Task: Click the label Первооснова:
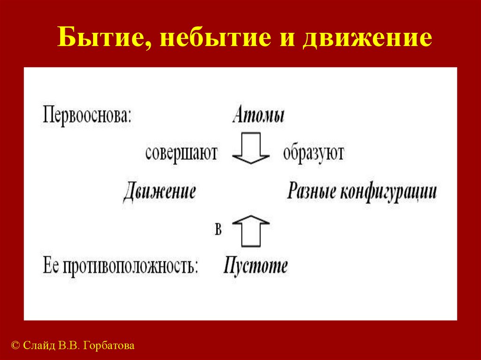[x=87, y=115]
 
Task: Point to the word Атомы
[x=258, y=115]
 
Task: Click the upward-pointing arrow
[x=251, y=230]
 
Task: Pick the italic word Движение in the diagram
[x=159, y=192]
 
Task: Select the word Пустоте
[x=256, y=266]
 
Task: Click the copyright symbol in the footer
[x=15, y=346]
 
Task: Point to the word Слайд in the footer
[x=39, y=346]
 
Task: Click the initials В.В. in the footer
[x=70, y=346]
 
